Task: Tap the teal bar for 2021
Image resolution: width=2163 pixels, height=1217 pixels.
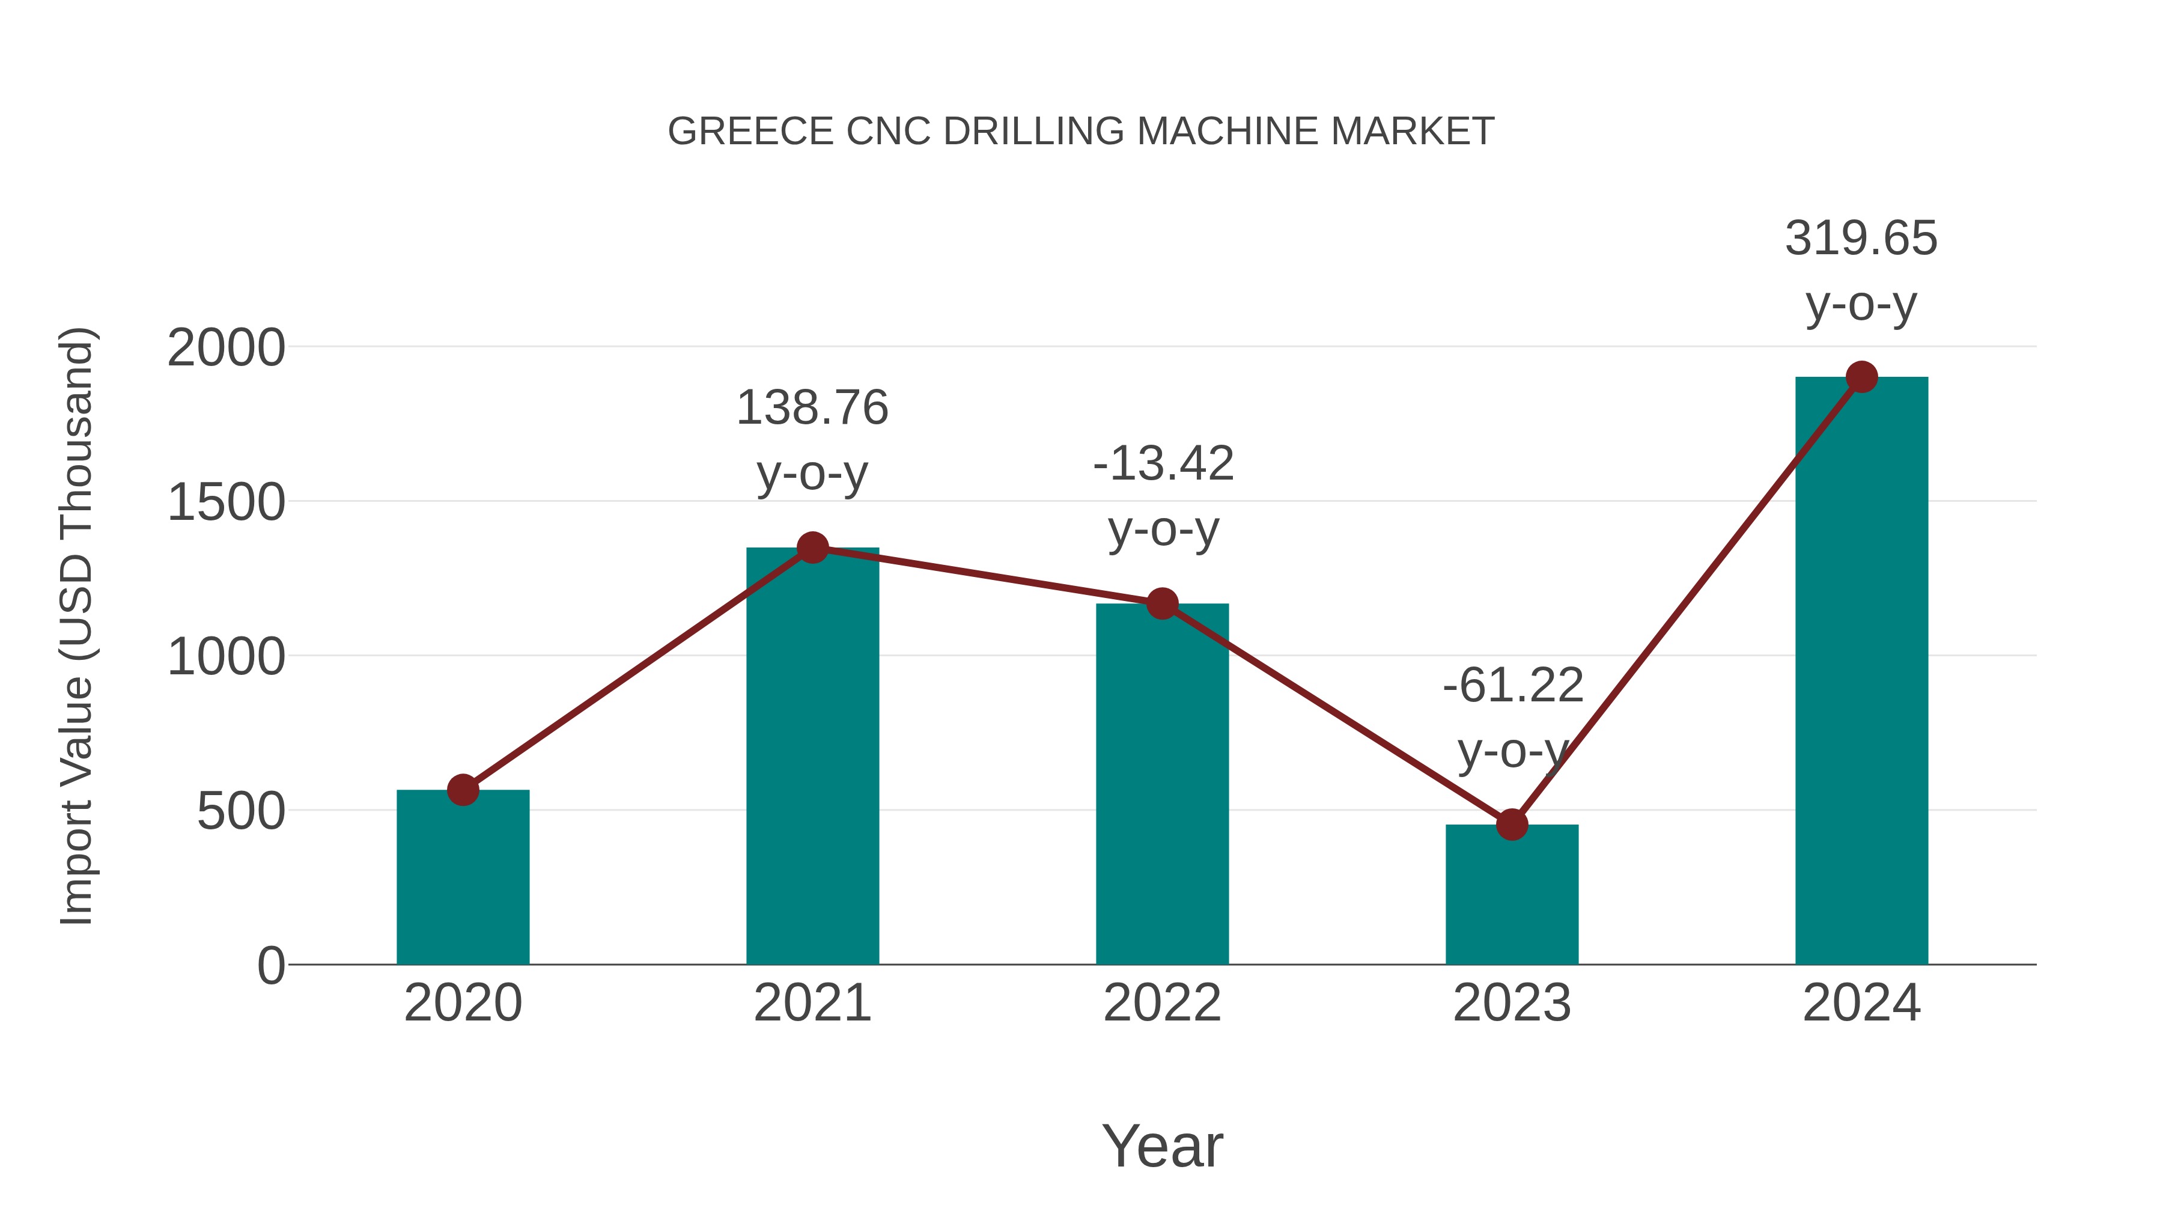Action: (812, 756)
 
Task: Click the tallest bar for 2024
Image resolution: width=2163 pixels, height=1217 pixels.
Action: (1861, 672)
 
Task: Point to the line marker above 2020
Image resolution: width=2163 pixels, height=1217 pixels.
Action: (463, 790)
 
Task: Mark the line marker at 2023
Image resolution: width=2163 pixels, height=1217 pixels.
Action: (1512, 825)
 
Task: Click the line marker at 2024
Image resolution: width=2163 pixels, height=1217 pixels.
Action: (1861, 377)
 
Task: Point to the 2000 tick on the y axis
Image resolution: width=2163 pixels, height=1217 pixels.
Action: (226, 348)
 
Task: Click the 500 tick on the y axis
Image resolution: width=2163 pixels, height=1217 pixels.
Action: (240, 811)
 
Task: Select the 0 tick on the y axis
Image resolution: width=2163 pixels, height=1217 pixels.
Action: (270, 965)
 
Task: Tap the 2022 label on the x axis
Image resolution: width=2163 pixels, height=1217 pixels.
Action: (1161, 1003)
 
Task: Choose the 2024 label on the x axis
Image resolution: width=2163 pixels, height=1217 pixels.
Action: (1861, 1003)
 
